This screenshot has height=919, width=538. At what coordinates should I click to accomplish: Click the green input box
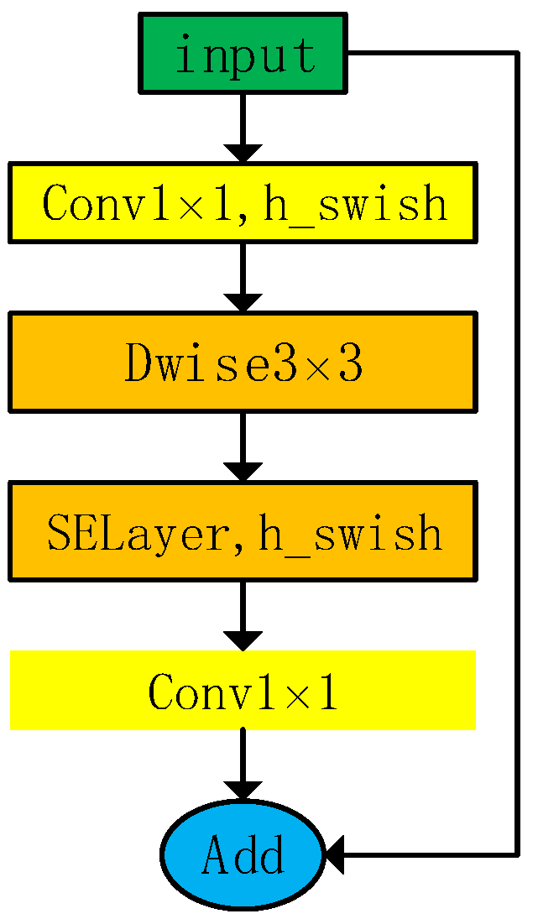[243, 53]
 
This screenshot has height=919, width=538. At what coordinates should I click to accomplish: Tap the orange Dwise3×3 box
[243, 363]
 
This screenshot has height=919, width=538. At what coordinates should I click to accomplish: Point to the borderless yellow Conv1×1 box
[243, 690]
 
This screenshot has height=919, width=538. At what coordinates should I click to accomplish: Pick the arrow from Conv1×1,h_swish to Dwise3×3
[243, 277]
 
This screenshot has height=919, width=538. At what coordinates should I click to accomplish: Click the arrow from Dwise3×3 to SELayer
[243, 446]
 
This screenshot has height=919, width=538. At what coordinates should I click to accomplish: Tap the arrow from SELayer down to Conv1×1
[243, 615]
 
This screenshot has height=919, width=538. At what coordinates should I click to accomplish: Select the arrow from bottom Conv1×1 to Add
[243, 764]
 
